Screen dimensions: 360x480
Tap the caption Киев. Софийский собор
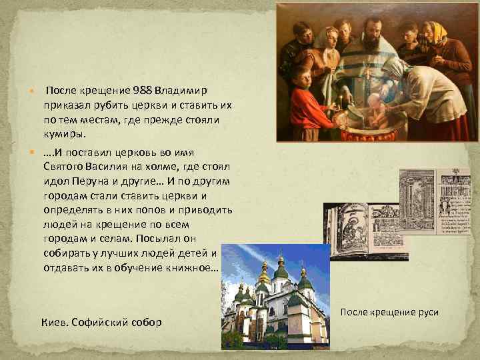[x=101, y=322]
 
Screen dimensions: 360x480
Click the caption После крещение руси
[x=389, y=312]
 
